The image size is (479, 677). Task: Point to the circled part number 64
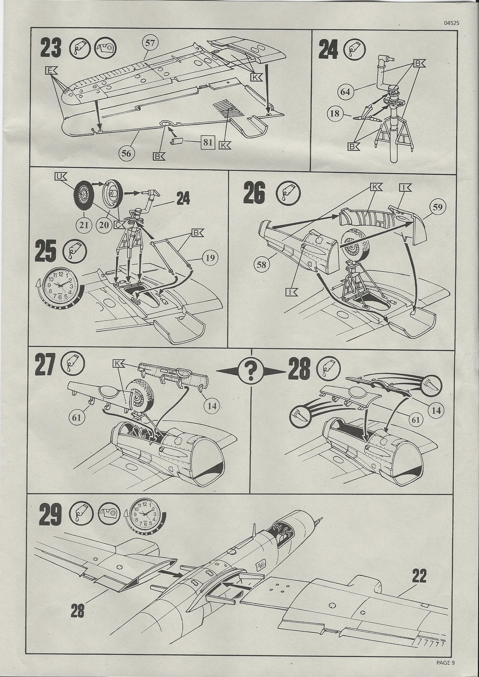pyautogui.click(x=345, y=92)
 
